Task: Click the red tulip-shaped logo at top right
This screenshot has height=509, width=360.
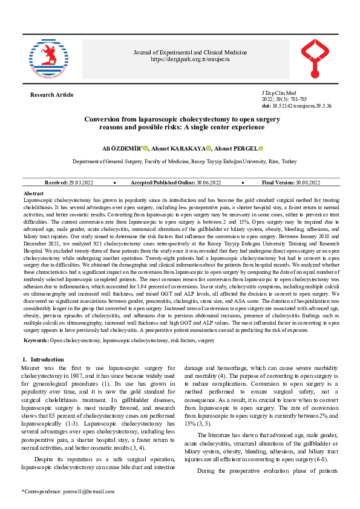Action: tap(318, 59)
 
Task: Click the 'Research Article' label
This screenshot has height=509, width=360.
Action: tap(51, 95)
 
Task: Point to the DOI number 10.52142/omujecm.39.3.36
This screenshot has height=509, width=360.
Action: tap(301, 105)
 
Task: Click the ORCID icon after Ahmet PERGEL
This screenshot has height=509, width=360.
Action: tap(261, 148)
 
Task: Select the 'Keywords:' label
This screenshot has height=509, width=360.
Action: tap(36, 341)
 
